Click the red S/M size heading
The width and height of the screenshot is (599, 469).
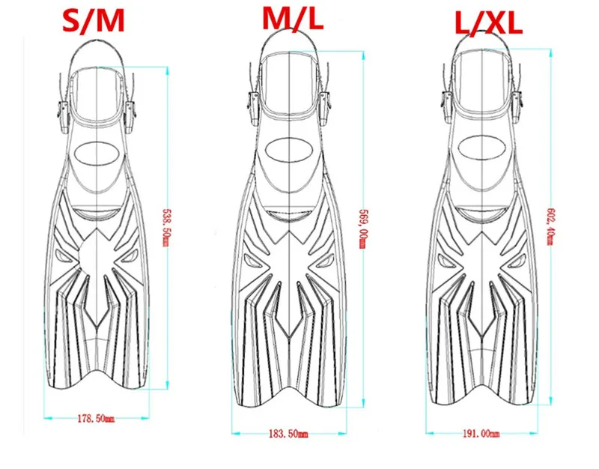(94, 21)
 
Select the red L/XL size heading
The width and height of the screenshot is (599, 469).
(489, 24)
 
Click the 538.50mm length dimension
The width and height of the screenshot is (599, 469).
(165, 228)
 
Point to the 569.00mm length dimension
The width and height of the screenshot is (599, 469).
(363, 229)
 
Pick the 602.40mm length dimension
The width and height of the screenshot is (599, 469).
(550, 226)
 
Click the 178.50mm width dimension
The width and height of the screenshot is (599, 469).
(96, 419)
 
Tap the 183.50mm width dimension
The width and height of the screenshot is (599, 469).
(289, 434)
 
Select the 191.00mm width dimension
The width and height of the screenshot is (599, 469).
(481, 434)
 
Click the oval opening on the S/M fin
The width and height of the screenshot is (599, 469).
(97, 154)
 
